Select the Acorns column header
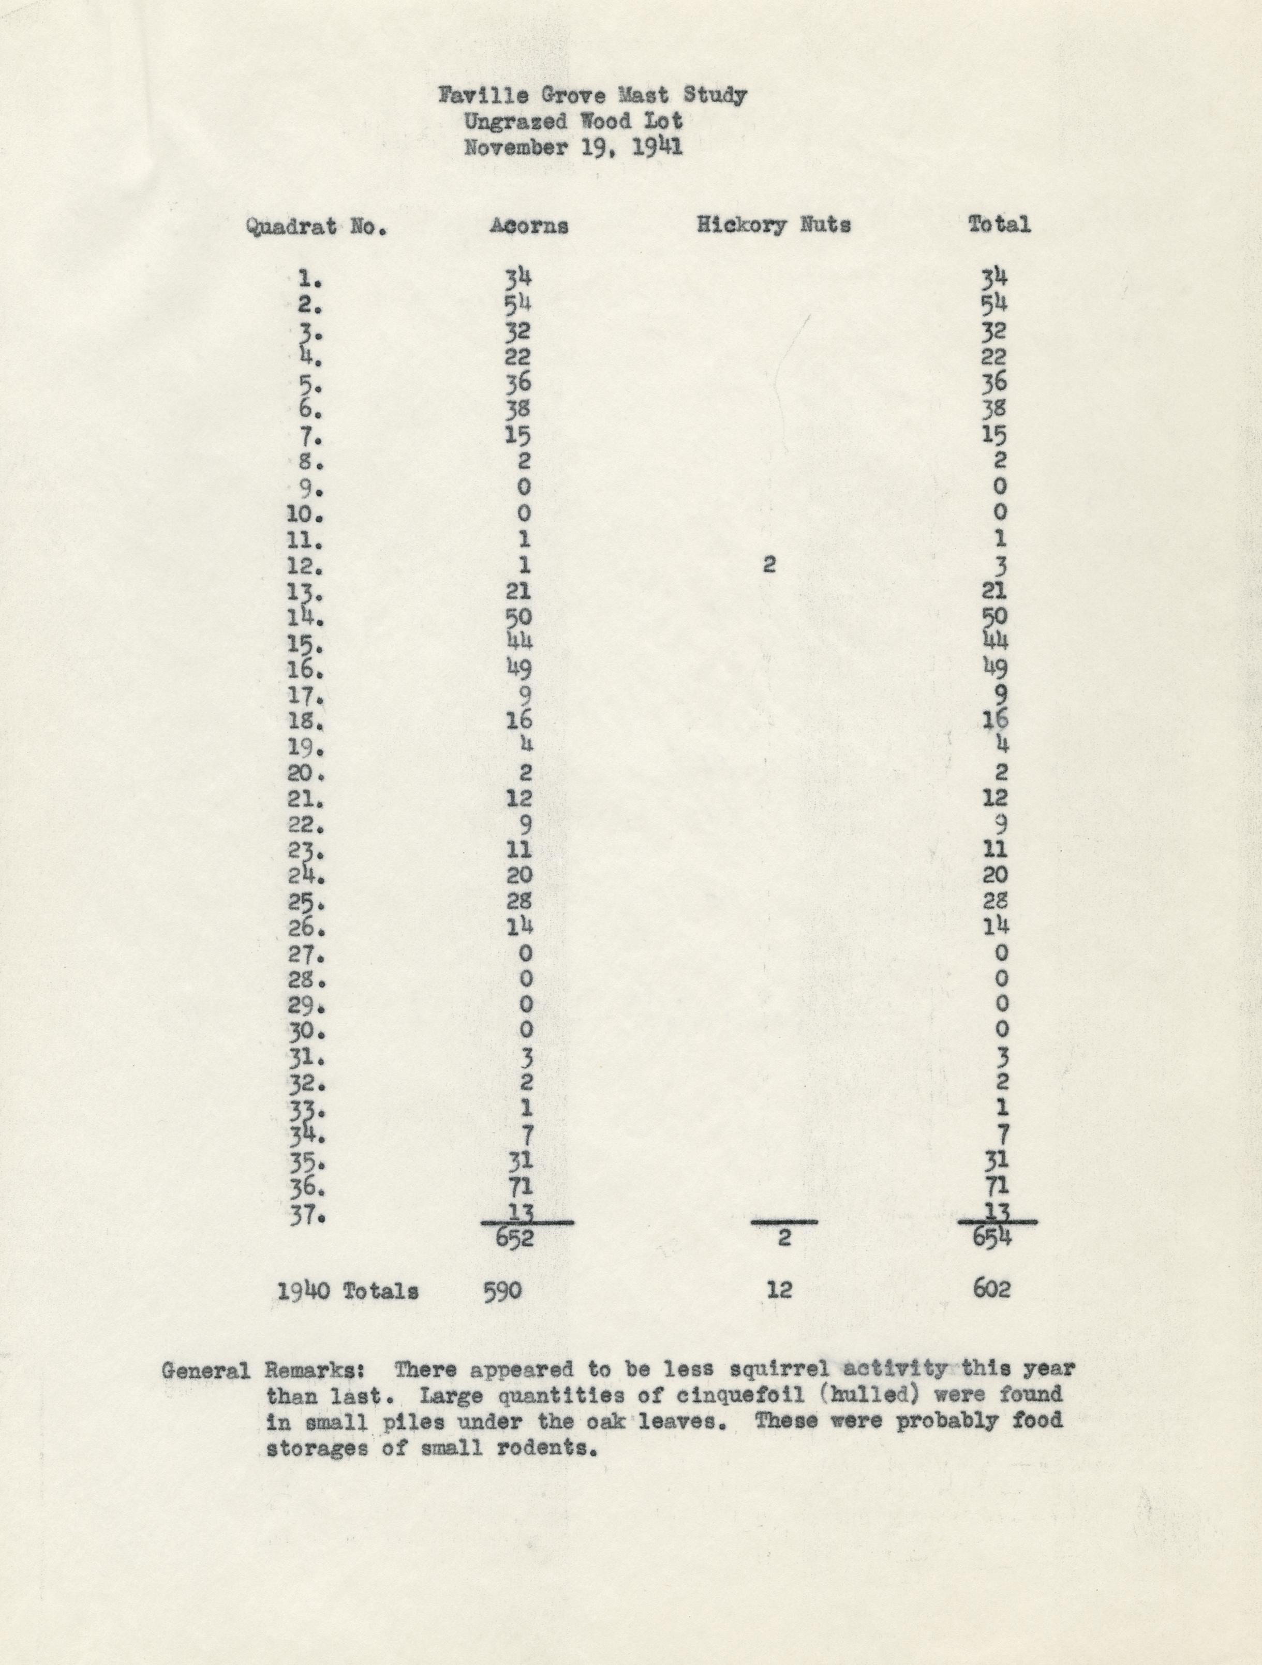point(528,226)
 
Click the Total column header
point(999,224)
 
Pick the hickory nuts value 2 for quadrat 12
point(768,565)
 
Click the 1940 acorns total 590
point(502,1291)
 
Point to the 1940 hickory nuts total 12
point(780,1290)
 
